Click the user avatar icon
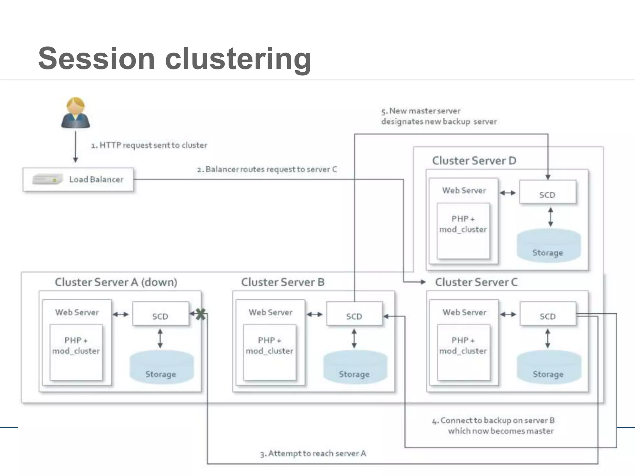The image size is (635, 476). [75, 113]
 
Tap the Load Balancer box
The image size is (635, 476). [78, 179]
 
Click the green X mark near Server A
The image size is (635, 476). [201, 314]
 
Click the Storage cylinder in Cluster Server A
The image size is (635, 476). [161, 367]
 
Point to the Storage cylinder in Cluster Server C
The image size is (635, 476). [548, 367]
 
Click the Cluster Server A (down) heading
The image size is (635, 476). [116, 282]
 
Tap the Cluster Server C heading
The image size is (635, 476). [476, 282]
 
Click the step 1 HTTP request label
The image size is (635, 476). [149, 145]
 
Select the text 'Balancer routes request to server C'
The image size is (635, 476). [270, 170]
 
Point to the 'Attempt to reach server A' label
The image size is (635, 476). [313, 454]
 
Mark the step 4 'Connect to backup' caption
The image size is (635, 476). [494, 425]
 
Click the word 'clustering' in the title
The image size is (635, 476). [238, 59]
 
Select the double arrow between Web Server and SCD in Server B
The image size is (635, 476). [315, 315]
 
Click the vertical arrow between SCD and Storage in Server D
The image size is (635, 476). [550, 217]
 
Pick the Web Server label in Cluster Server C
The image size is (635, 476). [464, 312]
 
